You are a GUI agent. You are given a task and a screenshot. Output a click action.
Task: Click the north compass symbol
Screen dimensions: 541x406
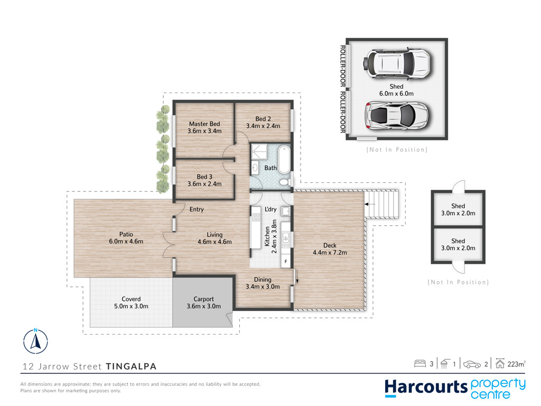35,341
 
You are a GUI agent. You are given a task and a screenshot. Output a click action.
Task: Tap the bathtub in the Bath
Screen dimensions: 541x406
284,159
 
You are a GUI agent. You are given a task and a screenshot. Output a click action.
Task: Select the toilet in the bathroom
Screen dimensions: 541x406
285,182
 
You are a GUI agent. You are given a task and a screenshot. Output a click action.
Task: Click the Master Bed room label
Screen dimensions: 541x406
204,124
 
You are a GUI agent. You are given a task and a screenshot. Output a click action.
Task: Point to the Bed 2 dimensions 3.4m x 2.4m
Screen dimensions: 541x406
263,126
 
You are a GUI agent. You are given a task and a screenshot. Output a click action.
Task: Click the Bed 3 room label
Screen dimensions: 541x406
204,177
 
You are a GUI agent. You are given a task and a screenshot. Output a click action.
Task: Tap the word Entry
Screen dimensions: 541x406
197,209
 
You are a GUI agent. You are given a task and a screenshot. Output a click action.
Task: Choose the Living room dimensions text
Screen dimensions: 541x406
214,242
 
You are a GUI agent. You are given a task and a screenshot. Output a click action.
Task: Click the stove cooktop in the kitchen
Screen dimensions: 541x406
256,217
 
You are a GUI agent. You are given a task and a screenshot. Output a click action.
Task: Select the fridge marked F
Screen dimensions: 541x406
286,261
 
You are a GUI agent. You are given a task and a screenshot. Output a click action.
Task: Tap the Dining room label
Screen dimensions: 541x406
263,280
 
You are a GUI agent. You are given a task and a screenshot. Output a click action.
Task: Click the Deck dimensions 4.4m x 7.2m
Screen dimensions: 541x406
330,252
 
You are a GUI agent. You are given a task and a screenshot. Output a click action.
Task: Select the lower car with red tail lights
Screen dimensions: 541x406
396,116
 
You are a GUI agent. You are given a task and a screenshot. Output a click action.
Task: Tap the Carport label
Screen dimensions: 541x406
203,299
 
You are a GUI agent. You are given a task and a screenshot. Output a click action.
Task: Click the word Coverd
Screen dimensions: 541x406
131,299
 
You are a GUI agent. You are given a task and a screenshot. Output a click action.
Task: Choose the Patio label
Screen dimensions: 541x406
126,234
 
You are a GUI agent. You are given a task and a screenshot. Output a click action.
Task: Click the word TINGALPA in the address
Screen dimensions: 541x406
131,366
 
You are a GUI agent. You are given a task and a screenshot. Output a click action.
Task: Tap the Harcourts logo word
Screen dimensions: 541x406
426,387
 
